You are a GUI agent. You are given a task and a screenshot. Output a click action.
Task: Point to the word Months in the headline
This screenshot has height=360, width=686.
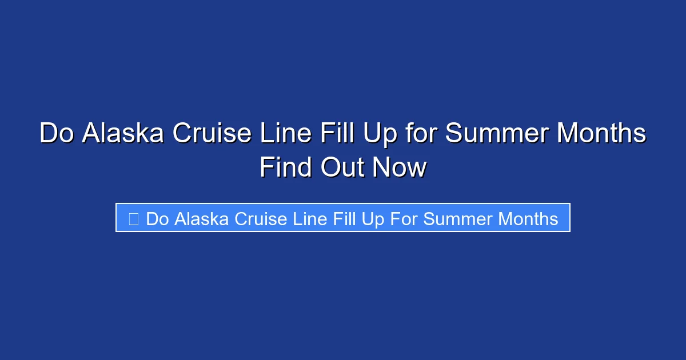click(x=601, y=134)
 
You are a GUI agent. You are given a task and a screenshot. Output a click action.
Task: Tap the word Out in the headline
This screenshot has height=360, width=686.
click(x=341, y=168)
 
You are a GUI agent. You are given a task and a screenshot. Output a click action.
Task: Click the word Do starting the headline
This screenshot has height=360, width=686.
click(x=57, y=134)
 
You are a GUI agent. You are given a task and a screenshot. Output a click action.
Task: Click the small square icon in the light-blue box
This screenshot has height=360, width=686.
click(x=133, y=218)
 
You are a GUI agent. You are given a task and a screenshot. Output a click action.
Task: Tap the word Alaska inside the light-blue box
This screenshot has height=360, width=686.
click(x=200, y=218)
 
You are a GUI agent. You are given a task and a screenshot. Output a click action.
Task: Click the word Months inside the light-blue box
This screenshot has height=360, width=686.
click(x=528, y=218)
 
